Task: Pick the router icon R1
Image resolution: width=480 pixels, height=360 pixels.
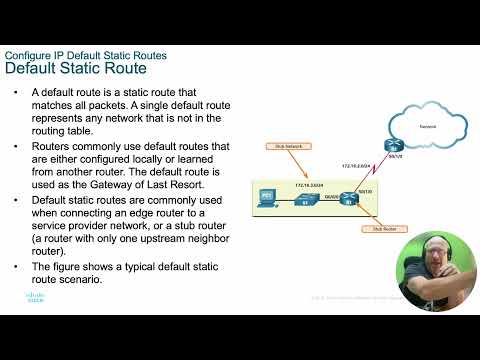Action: click(346, 197)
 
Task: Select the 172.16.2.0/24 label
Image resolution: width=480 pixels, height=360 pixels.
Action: click(356, 165)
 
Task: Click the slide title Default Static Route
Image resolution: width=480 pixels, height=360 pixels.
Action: click(76, 68)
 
